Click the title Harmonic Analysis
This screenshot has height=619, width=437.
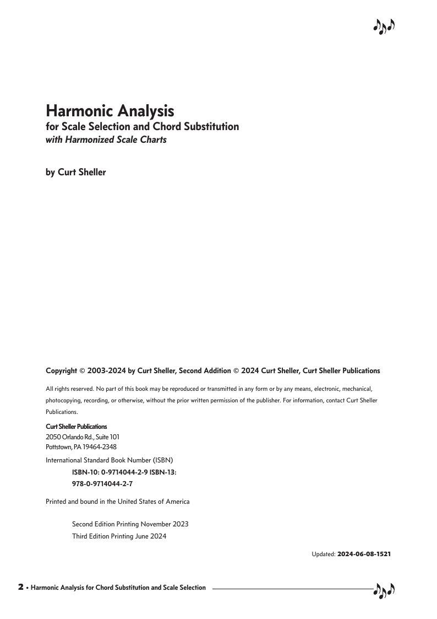(x=110, y=111)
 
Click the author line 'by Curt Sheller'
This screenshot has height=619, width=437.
(x=75, y=172)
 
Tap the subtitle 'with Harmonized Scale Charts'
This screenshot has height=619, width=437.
(x=106, y=139)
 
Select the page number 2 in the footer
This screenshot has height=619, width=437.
(x=21, y=587)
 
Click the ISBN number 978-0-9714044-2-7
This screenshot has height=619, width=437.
(x=102, y=483)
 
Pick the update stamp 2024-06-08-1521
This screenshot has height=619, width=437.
(x=364, y=553)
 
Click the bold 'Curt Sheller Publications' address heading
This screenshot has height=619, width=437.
(x=76, y=427)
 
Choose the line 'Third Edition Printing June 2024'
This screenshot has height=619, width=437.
(x=119, y=536)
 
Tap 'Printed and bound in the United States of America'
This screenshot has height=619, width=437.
(x=117, y=501)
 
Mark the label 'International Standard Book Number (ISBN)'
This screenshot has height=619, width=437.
(x=110, y=460)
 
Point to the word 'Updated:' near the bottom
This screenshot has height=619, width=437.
(x=324, y=553)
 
